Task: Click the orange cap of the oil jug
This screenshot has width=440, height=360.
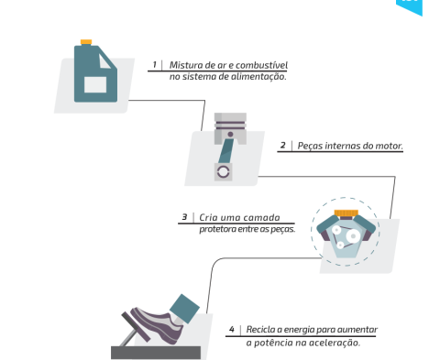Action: click(x=86, y=42)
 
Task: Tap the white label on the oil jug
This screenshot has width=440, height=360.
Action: click(x=95, y=84)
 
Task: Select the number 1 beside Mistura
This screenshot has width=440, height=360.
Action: click(x=155, y=65)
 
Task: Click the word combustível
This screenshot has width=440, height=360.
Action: click(x=261, y=65)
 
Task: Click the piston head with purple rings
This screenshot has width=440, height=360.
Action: click(x=230, y=128)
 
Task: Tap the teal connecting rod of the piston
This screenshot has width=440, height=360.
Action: click(x=226, y=150)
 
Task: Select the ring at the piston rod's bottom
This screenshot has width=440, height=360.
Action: click(x=223, y=172)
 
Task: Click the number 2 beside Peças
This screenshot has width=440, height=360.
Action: click(x=283, y=146)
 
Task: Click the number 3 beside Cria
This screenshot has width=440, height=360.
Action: click(x=184, y=217)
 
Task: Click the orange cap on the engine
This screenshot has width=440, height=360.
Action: click(x=346, y=213)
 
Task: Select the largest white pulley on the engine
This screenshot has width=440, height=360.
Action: click(x=353, y=236)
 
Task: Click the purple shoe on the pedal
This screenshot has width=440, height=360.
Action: click(x=157, y=324)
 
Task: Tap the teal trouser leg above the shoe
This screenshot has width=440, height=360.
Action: click(x=184, y=309)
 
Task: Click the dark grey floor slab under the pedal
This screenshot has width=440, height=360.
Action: click(x=156, y=353)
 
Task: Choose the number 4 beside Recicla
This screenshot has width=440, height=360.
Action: click(x=232, y=330)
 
